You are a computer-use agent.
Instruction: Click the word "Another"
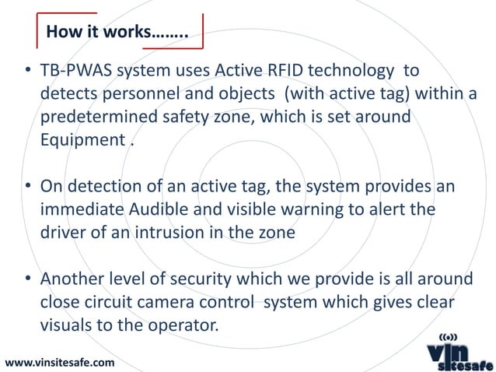[x=79, y=280]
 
